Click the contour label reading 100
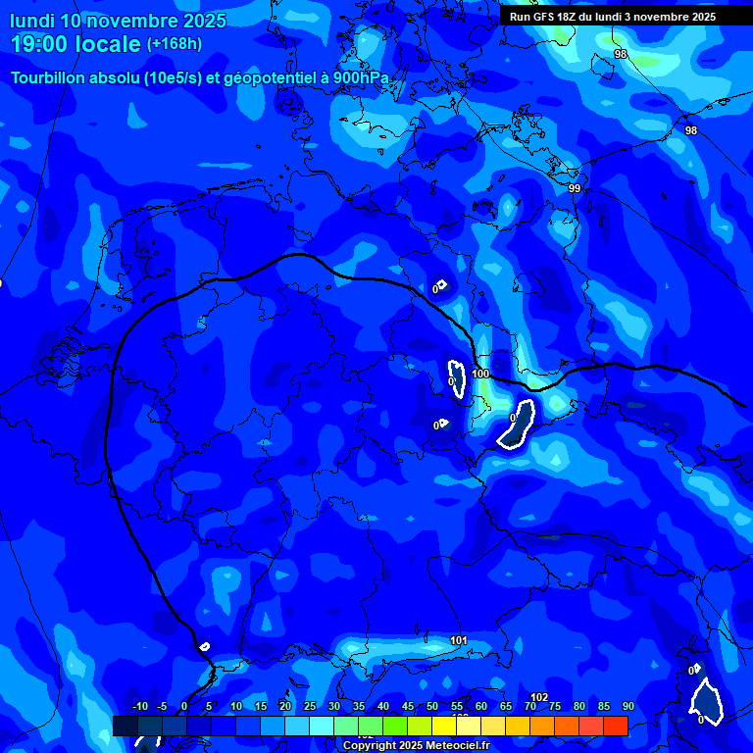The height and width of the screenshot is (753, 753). tap(480, 374)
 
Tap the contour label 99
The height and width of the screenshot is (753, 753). tap(575, 188)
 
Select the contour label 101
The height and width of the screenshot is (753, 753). tap(458, 641)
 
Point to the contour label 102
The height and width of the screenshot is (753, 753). tap(539, 697)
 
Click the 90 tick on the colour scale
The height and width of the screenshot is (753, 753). tap(627, 706)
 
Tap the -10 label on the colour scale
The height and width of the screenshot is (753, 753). tap(139, 706)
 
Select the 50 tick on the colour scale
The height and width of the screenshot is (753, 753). tap(432, 706)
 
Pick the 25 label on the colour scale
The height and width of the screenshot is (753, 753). tap(310, 706)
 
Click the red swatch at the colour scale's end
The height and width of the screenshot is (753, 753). tap(615, 726)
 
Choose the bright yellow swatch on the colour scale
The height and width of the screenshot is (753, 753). tap(444, 726)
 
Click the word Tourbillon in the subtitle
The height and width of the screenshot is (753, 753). tap(50, 78)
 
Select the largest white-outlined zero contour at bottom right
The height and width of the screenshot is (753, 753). tap(706, 702)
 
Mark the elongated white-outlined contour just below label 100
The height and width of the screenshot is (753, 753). tap(516, 424)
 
